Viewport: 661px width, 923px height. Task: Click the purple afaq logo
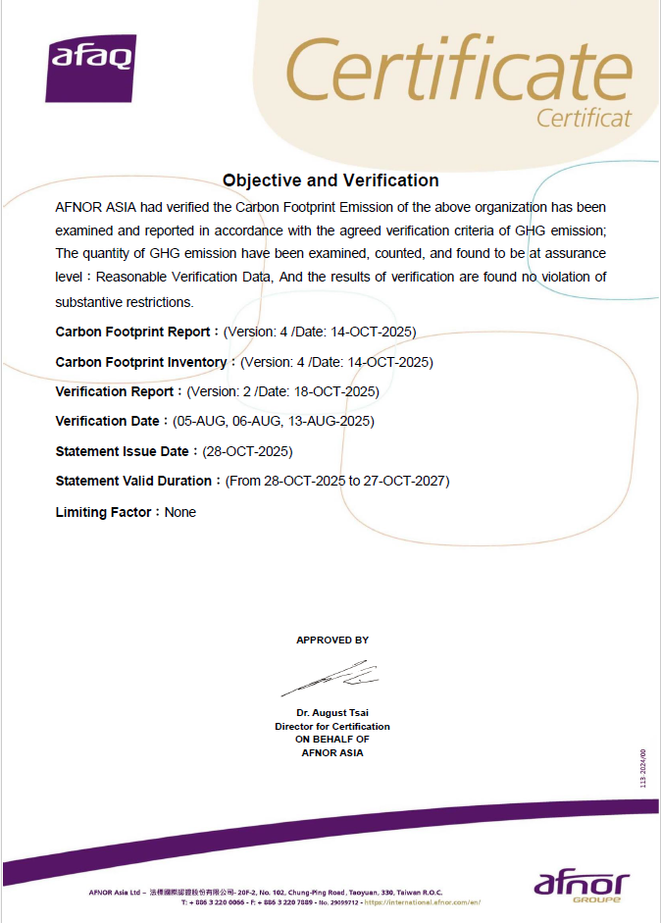[x=90, y=68]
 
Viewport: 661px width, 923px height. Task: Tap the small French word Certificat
[x=584, y=118]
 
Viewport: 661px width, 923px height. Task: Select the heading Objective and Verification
[x=330, y=180]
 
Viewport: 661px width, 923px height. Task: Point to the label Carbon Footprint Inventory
[x=141, y=362]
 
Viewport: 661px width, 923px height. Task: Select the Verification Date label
[x=107, y=421]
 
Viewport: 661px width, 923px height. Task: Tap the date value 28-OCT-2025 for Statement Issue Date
[x=247, y=451]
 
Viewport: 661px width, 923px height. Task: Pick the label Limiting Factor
[x=103, y=512]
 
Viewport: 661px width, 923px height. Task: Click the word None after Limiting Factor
[x=180, y=512]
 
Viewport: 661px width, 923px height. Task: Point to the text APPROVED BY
[x=332, y=640]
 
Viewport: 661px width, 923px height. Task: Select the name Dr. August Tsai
[x=332, y=712]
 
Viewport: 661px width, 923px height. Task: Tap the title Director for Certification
[x=332, y=726]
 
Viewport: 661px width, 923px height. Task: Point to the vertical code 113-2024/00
[x=643, y=766]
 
